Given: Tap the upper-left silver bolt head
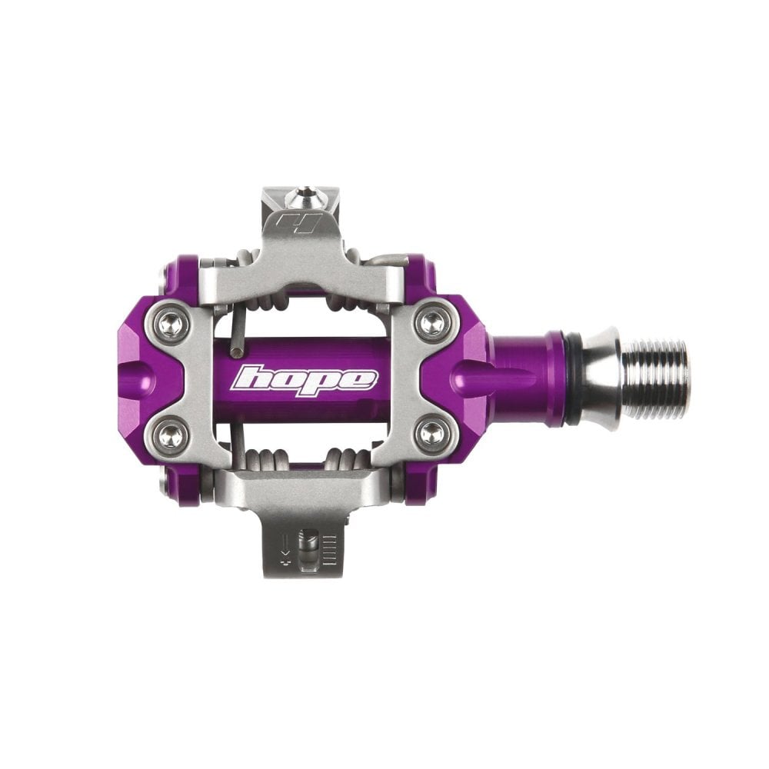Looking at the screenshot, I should tap(175, 324).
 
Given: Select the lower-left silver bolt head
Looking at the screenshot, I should tap(175, 436).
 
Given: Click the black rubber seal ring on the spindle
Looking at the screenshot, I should tap(574, 379).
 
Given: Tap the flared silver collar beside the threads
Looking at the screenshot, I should tap(601, 379).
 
